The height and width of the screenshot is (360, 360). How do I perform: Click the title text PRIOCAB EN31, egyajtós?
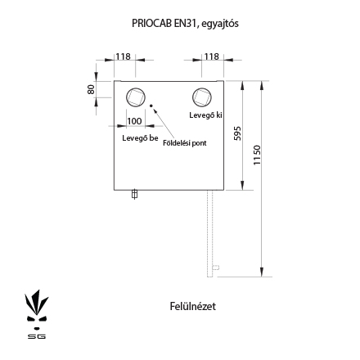[x=185, y=24]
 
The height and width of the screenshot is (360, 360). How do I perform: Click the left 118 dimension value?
[x=124, y=56]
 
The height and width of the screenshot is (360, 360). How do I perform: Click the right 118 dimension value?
[x=212, y=56]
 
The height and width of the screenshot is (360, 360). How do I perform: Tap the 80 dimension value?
[x=91, y=89]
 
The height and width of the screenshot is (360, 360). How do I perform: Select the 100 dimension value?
[x=134, y=121]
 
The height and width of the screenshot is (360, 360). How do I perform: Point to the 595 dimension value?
[x=238, y=133]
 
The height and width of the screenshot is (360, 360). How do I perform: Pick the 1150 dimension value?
[x=257, y=155]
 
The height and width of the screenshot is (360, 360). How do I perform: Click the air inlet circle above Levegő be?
[x=136, y=97]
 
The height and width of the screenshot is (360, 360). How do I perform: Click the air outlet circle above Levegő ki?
[x=202, y=97]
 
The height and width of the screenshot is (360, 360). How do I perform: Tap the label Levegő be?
[x=140, y=138]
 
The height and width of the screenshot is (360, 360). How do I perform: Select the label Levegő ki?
[x=206, y=115]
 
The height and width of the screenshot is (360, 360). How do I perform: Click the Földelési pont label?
[x=185, y=143]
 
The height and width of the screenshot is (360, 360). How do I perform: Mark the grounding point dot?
[x=151, y=106]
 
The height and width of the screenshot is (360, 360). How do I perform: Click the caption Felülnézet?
[x=193, y=306]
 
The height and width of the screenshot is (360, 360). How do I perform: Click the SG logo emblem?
[x=37, y=314]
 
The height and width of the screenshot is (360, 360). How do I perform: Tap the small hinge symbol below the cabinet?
[x=134, y=194]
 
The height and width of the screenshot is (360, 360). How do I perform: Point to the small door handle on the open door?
[x=216, y=268]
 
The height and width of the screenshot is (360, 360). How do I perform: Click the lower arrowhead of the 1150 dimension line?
[x=262, y=272]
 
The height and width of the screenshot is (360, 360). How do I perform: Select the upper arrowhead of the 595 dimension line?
[x=242, y=86]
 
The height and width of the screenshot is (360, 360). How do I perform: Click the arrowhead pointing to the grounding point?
[x=155, y=110]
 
